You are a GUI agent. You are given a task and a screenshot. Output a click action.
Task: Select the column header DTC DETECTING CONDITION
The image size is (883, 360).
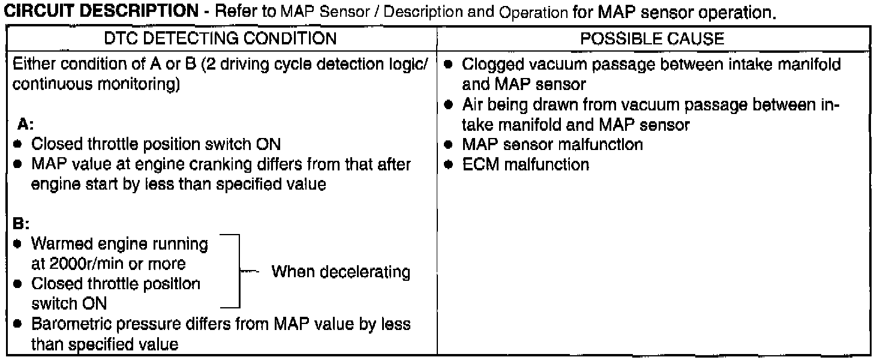pyautogui.click(x=220, y=39)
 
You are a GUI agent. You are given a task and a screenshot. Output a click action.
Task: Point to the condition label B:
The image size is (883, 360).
pyautogui.click(x=20, y=226)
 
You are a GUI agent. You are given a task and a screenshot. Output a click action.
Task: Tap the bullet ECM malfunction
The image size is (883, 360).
pyautogui.click(x=525, y=164)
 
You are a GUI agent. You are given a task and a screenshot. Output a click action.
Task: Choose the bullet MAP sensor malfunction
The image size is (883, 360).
pyautogui.click(x=552, y=145)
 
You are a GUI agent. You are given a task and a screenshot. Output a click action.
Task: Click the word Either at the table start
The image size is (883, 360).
pyautogui.click(x=30, y=63)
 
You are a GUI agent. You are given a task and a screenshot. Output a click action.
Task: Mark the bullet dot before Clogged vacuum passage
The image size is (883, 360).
pyautogui.click(x=449, y=64)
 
